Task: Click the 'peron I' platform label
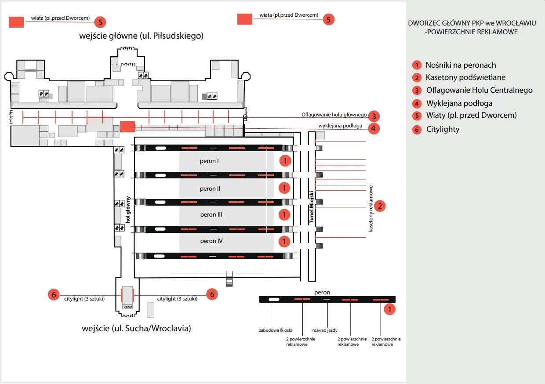click(209, 161)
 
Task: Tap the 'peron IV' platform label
click(211, 241)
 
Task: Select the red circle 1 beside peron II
click(285, 188)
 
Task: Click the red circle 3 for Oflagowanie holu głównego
click(374, 116)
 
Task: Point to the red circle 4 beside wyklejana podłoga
click(374, 128)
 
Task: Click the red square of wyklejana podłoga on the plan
click(127, 127)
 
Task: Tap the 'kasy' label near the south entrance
click(127, 307)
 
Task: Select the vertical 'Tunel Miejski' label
click(312, 207)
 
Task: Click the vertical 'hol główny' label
click(128, 210)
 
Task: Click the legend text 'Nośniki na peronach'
click(461, 65)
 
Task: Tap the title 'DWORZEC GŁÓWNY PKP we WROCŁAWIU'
click(472, 23)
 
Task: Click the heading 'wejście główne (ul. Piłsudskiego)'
click(141, 36)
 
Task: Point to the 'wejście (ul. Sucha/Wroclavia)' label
click(136, 328)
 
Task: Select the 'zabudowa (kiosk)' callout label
click(276, 330)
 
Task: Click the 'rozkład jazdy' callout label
click(325, 330)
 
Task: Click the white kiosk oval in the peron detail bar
click(274, 299)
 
